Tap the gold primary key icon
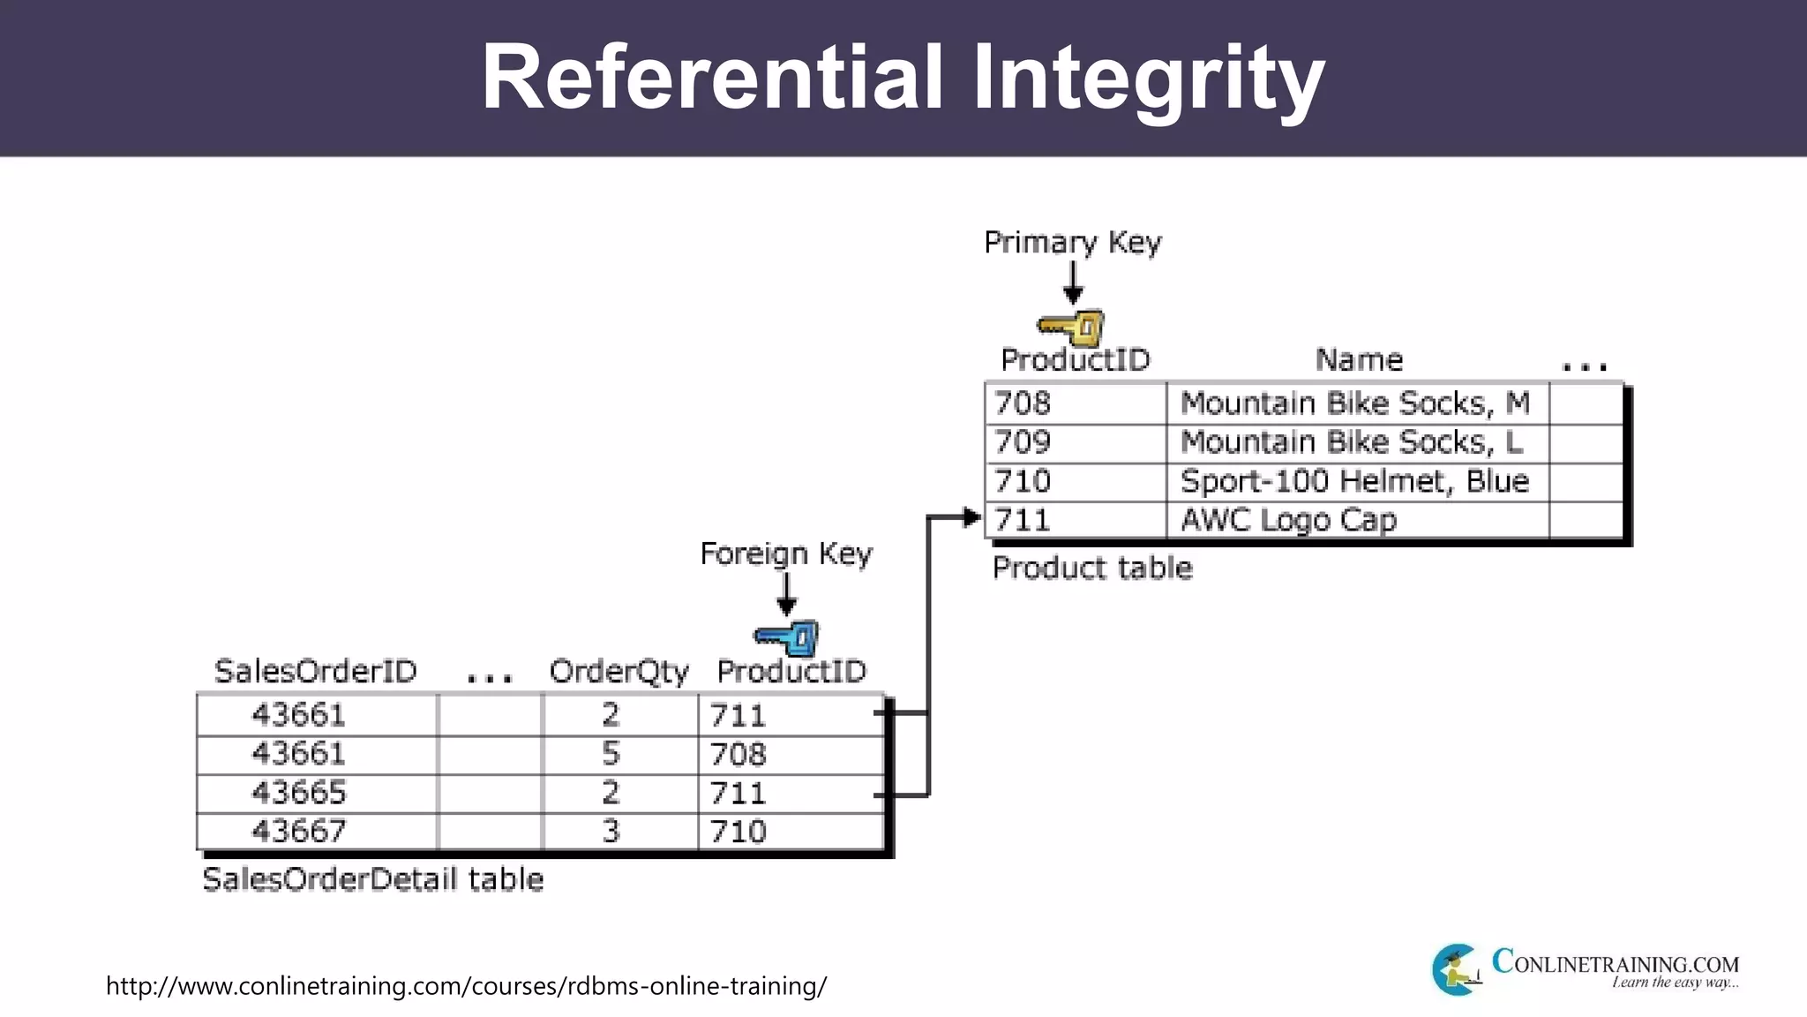click(x=1072, y=328)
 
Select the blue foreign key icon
click(x=788, y=638)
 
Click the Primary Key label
click(x=1072, y=242)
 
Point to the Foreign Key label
click(x=785, y=554)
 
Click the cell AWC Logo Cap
click(x=1288, y=520)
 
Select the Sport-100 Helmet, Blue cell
click(x=1353, y=481)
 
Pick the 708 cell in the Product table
click(x=1023, y=403)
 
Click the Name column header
click(x=1359, y=360)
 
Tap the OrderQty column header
click(x=619, y=672)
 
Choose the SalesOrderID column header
click(x=315, y=672)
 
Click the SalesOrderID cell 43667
click(x=299, y=832)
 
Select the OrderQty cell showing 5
click(x=611, y=754)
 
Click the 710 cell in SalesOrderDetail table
click(x=739, y=832)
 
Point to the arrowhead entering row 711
click(x=971, y=518)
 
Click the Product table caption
click(x=1091, y=568)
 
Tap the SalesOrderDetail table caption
click(x=372, y=879)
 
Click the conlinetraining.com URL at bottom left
click(x=466, y=985)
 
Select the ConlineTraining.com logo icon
click(x=1456, y=969)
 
